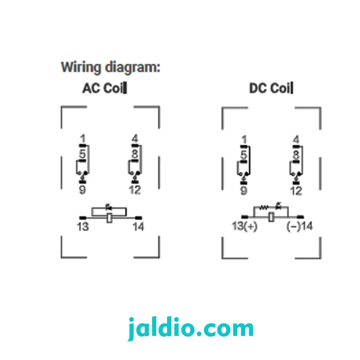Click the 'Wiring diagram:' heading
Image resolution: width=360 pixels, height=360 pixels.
click(x=111, y=68)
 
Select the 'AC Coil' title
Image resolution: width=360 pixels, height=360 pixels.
click(x=104, y=88)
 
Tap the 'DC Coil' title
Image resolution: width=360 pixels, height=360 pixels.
click(x=271, y=88)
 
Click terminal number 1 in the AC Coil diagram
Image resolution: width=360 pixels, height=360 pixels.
click(x=83, y=139)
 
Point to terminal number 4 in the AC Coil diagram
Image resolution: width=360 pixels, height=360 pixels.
click(x=135, y=139)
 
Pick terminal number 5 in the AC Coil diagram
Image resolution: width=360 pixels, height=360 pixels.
click(x=82, y=154)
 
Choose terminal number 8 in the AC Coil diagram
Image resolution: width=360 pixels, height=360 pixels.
click(x=135, y=154)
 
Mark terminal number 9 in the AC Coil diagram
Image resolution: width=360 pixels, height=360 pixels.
click(x=82, y=190)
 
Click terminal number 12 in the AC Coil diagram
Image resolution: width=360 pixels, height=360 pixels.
click(x=135, y=190)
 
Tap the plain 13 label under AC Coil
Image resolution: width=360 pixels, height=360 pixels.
click(x=83, y=226)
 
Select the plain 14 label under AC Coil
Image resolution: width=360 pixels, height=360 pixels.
click(x=138, y=226)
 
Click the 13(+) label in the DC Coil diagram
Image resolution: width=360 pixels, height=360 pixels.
click(x=244, y=226)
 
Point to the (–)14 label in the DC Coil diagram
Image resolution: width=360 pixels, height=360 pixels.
click(x=300, y=226)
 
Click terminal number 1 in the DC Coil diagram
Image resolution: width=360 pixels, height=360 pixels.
click(x=244, y=140)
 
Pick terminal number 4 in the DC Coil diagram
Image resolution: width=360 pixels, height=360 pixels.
click(x=296, y=140)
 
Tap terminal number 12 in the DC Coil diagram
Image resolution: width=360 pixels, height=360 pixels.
click(x=296, y=191)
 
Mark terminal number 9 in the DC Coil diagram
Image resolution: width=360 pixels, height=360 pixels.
click(x=244, y=191)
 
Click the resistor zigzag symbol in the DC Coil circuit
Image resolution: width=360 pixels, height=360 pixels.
click(x=264, y=207)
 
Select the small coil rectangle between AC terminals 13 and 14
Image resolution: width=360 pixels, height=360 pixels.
click(x=109, y=218)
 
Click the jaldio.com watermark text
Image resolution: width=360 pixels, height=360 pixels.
click(x=190, y=328)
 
